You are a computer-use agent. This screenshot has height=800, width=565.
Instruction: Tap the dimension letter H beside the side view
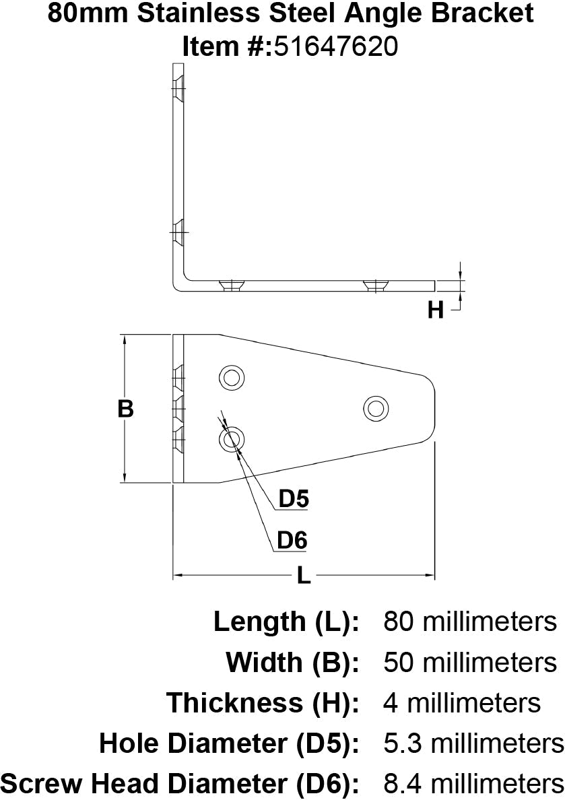[436, 310]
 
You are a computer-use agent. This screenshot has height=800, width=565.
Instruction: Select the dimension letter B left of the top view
[125, 408]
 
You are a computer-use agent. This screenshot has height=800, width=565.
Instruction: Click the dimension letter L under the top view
[304, 576]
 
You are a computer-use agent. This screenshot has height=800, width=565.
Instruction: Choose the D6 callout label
[292, 540]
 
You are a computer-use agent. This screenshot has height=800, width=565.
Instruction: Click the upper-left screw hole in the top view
[231, 377]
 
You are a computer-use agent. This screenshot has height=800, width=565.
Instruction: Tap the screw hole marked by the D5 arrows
[231, 440]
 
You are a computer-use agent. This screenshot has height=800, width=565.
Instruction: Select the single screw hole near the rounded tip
[375, 407]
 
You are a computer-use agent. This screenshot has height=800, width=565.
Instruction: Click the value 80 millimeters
[470, 621]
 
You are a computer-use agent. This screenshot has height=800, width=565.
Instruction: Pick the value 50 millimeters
[470, 662]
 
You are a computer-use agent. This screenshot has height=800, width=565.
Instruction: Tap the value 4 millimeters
[462, 703]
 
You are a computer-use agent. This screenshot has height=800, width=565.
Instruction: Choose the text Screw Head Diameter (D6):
[179, 784]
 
